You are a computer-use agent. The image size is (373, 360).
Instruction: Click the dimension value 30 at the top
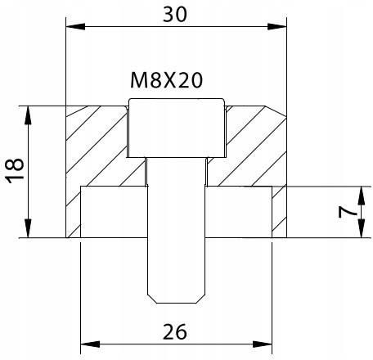click(x=178, y=14)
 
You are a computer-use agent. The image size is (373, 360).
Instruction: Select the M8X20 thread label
click(x=166, y=81)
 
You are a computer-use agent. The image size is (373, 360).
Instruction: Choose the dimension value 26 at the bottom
click(x=177, y=331)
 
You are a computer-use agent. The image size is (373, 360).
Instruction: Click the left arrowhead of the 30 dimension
click(x=71, y=29)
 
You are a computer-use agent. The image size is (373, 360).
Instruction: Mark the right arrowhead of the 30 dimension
click(x=282, y=29)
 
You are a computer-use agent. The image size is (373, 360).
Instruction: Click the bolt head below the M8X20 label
click(x=176, y=128)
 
